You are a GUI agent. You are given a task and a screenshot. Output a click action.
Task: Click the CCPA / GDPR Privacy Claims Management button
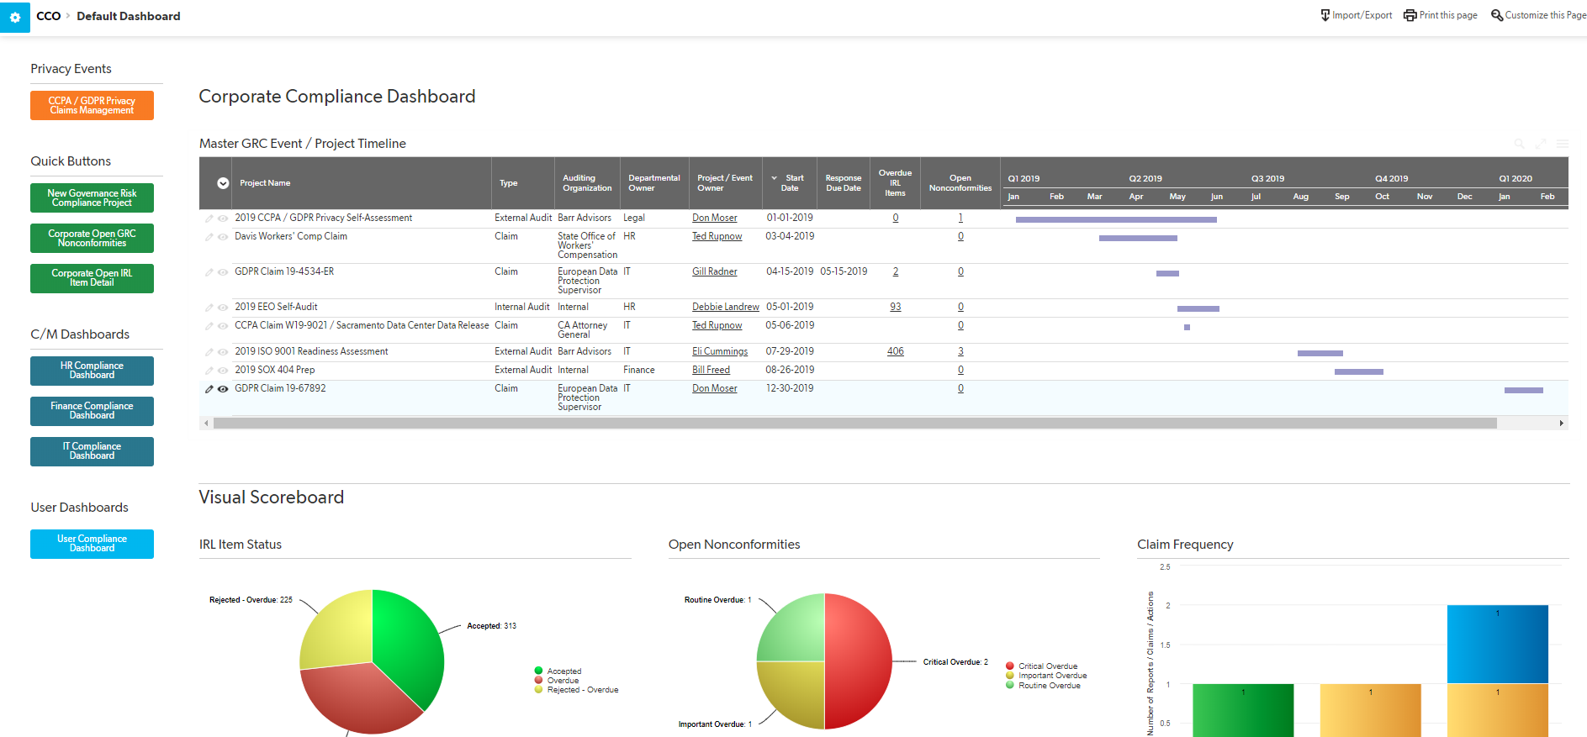click(92, 105)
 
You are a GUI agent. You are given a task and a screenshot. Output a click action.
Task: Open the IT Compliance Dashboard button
click(92, 451)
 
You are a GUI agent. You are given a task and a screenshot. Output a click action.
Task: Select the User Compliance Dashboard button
click(92, 544)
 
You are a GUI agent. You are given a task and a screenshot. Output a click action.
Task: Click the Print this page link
click(1441, 15)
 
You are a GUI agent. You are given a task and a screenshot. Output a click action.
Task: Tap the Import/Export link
click(1356, 15)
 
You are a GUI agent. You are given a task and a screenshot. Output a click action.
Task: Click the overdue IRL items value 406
click(895, 351)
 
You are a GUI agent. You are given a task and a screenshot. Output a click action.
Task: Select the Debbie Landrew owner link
click(725, 307)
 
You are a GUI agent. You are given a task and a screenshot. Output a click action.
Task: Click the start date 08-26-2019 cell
click(789, 370)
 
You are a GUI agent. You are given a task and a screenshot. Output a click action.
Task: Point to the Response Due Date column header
click(843, 183)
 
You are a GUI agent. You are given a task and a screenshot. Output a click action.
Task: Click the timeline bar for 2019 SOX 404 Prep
click(1358, 371)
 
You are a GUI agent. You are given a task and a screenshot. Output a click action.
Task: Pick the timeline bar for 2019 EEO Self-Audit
click(1198, 308)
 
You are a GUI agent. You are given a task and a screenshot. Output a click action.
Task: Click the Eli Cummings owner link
click(719, 351)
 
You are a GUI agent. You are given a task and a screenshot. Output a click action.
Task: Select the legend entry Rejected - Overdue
click(582, 690)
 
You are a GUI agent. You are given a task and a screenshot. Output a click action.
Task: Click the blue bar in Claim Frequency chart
click(1497, 644)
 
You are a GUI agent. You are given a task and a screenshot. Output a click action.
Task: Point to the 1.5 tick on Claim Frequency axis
click(1165, 645)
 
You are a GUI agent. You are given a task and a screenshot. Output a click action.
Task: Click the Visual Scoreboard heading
click(271, 497)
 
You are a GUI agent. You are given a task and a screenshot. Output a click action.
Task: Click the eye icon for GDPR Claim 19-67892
click(223, 389)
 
